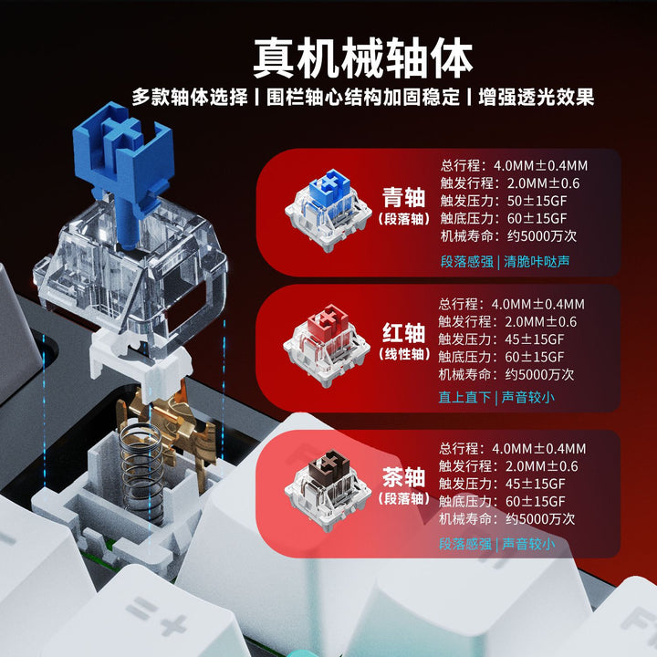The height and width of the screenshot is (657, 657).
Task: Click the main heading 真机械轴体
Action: [x=363, y=57]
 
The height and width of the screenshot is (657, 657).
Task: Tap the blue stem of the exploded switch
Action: [x=124, y=168]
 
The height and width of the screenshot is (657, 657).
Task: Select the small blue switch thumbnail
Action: [x=328, y=210]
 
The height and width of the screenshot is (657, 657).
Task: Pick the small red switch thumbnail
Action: [x=327, y=345]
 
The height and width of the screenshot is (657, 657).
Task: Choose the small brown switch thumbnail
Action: [x=328, y=490]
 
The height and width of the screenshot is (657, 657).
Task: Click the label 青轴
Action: [x=403, y=197]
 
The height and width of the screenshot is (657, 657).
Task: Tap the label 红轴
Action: [x=403, y=333]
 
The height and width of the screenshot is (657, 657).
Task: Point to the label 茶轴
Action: [x=403, y=477]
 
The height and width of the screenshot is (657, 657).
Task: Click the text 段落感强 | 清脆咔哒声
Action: [x=505, y=262]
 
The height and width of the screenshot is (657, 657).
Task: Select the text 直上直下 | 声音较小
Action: [x=496, y=397]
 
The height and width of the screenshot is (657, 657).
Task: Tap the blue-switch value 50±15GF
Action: [x=537, y=201]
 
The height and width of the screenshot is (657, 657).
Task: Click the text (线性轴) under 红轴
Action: [x=404, y=354]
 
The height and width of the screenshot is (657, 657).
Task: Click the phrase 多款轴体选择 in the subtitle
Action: [x=190, y=98]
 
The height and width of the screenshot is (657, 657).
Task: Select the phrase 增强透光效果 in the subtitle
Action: [x=537, y=98]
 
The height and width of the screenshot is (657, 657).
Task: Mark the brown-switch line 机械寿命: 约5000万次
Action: [x=506, y=519]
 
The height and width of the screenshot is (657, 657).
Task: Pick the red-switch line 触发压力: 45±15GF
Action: [x=501, y=339]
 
